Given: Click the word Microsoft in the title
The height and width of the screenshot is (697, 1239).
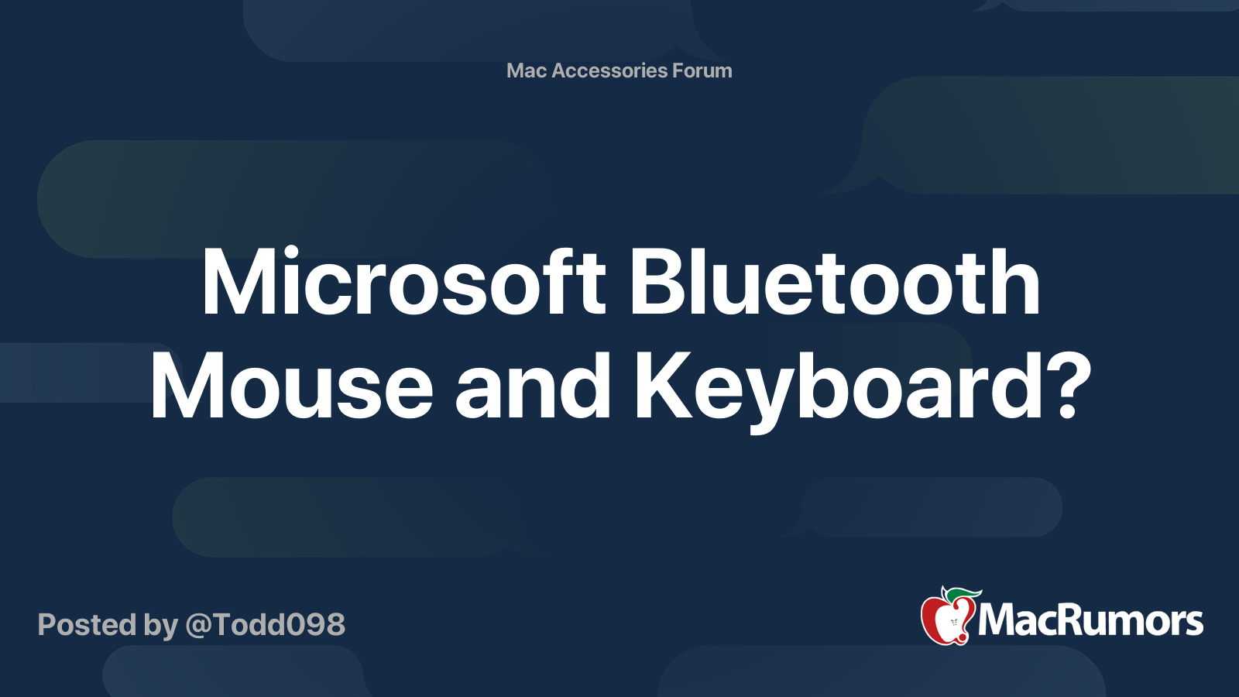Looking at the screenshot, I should (403, 283).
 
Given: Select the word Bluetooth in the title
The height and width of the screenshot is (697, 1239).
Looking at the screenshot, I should (835, 283).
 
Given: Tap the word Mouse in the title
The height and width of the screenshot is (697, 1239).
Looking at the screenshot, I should (291, 386).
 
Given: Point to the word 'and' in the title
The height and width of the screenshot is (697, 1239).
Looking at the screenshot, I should (533, 386).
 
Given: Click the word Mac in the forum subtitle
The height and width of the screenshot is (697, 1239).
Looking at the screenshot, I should (527, 70).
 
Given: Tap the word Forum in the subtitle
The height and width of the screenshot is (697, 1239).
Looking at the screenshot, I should (702, 70).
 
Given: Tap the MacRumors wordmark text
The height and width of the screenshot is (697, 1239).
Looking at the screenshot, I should (1090, 621).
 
